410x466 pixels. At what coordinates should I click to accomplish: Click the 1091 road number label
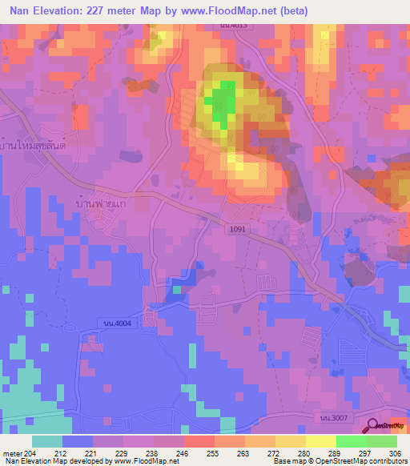click(237, 228)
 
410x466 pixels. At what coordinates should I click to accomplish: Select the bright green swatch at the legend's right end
click(382, 441)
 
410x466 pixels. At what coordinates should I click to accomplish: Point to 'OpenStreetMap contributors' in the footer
click(356, 461)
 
